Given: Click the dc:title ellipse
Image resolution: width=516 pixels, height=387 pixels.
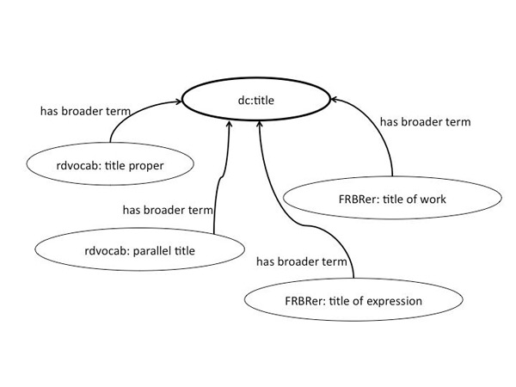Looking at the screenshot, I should (259, 101).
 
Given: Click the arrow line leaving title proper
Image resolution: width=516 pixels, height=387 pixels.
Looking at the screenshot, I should (129, 117).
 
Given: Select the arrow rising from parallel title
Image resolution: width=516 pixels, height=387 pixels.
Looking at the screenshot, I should (222, 172).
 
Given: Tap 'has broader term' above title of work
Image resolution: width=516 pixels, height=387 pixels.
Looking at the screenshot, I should (425, 121).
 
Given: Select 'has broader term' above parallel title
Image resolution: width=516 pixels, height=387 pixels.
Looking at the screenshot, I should (168, 208).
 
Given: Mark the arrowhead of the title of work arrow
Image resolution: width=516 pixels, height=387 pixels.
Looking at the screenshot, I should (335, 101).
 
